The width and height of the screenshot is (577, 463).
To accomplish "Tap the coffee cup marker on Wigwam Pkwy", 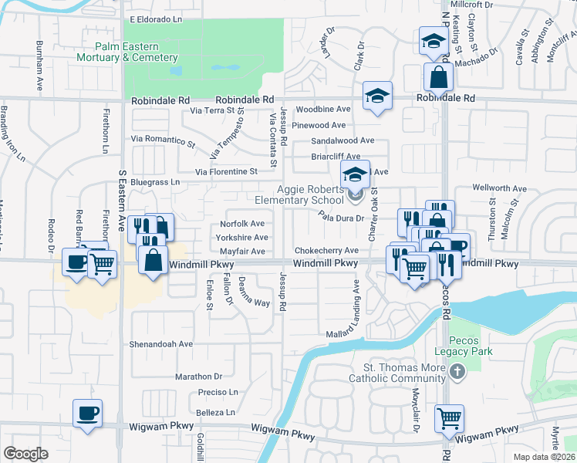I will point(86,412).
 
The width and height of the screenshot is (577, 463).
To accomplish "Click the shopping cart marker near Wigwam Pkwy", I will point(449,418).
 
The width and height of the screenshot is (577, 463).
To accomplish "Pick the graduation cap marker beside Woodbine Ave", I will point(377,96).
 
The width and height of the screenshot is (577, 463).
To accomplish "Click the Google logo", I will point(25,453).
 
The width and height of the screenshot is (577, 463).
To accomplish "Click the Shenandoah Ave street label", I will point(160,344).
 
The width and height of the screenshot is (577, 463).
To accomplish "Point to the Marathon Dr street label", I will point(198,377).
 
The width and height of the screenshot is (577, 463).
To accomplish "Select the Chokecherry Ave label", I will point(326,251).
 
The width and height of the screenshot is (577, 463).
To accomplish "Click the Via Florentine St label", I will point(226,171).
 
